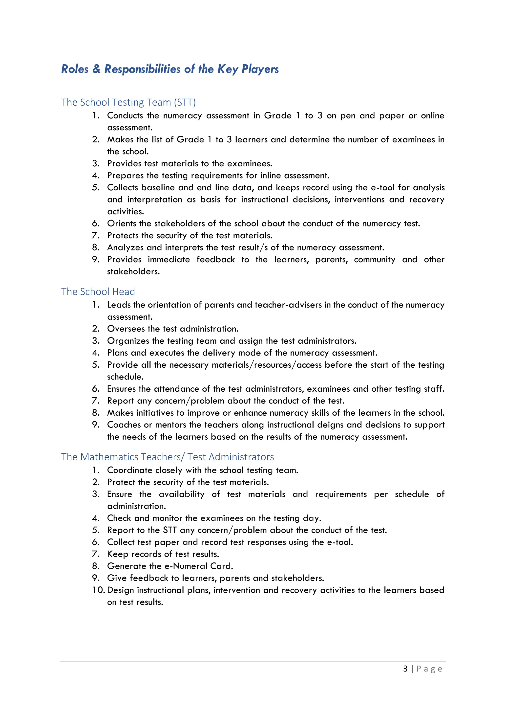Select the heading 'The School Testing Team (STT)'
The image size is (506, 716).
click(x=128, y=102)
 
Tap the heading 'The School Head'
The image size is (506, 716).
click(x=98, y=291)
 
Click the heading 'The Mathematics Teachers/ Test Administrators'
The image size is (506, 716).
click(x=167, y=457)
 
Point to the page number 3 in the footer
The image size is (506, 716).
click(x=405, y=669)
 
